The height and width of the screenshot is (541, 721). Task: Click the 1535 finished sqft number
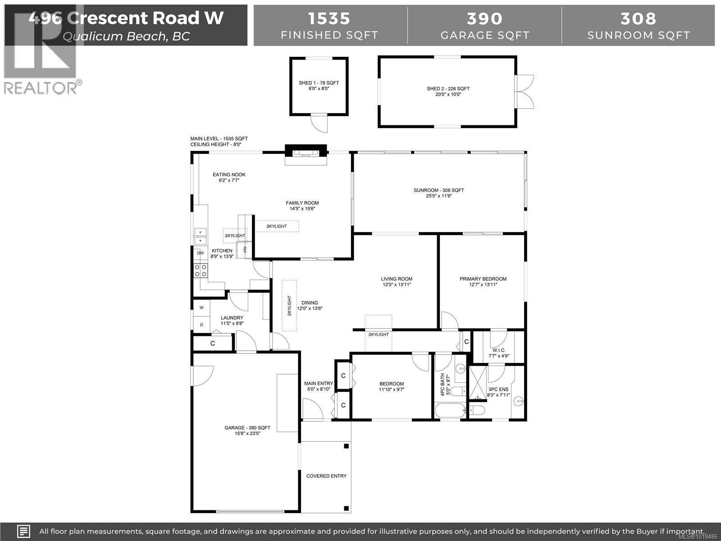click(x=329, y=18)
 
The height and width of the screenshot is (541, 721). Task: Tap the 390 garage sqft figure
click(x=484, y=18)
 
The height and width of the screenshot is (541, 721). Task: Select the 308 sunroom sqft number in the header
click(x=639, y=18)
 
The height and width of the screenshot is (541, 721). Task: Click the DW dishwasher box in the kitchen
click(x=201, y=253)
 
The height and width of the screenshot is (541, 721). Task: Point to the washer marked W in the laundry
click(x=201, y=308)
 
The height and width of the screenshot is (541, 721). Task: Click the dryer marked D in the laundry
click(x=201, y=325)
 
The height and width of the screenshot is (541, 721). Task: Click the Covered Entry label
click(x=326, y=476)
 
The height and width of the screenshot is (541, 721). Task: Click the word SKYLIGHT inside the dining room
click(x=289, y=305)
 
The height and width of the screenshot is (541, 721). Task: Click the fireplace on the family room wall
click(x=306, y=153)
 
